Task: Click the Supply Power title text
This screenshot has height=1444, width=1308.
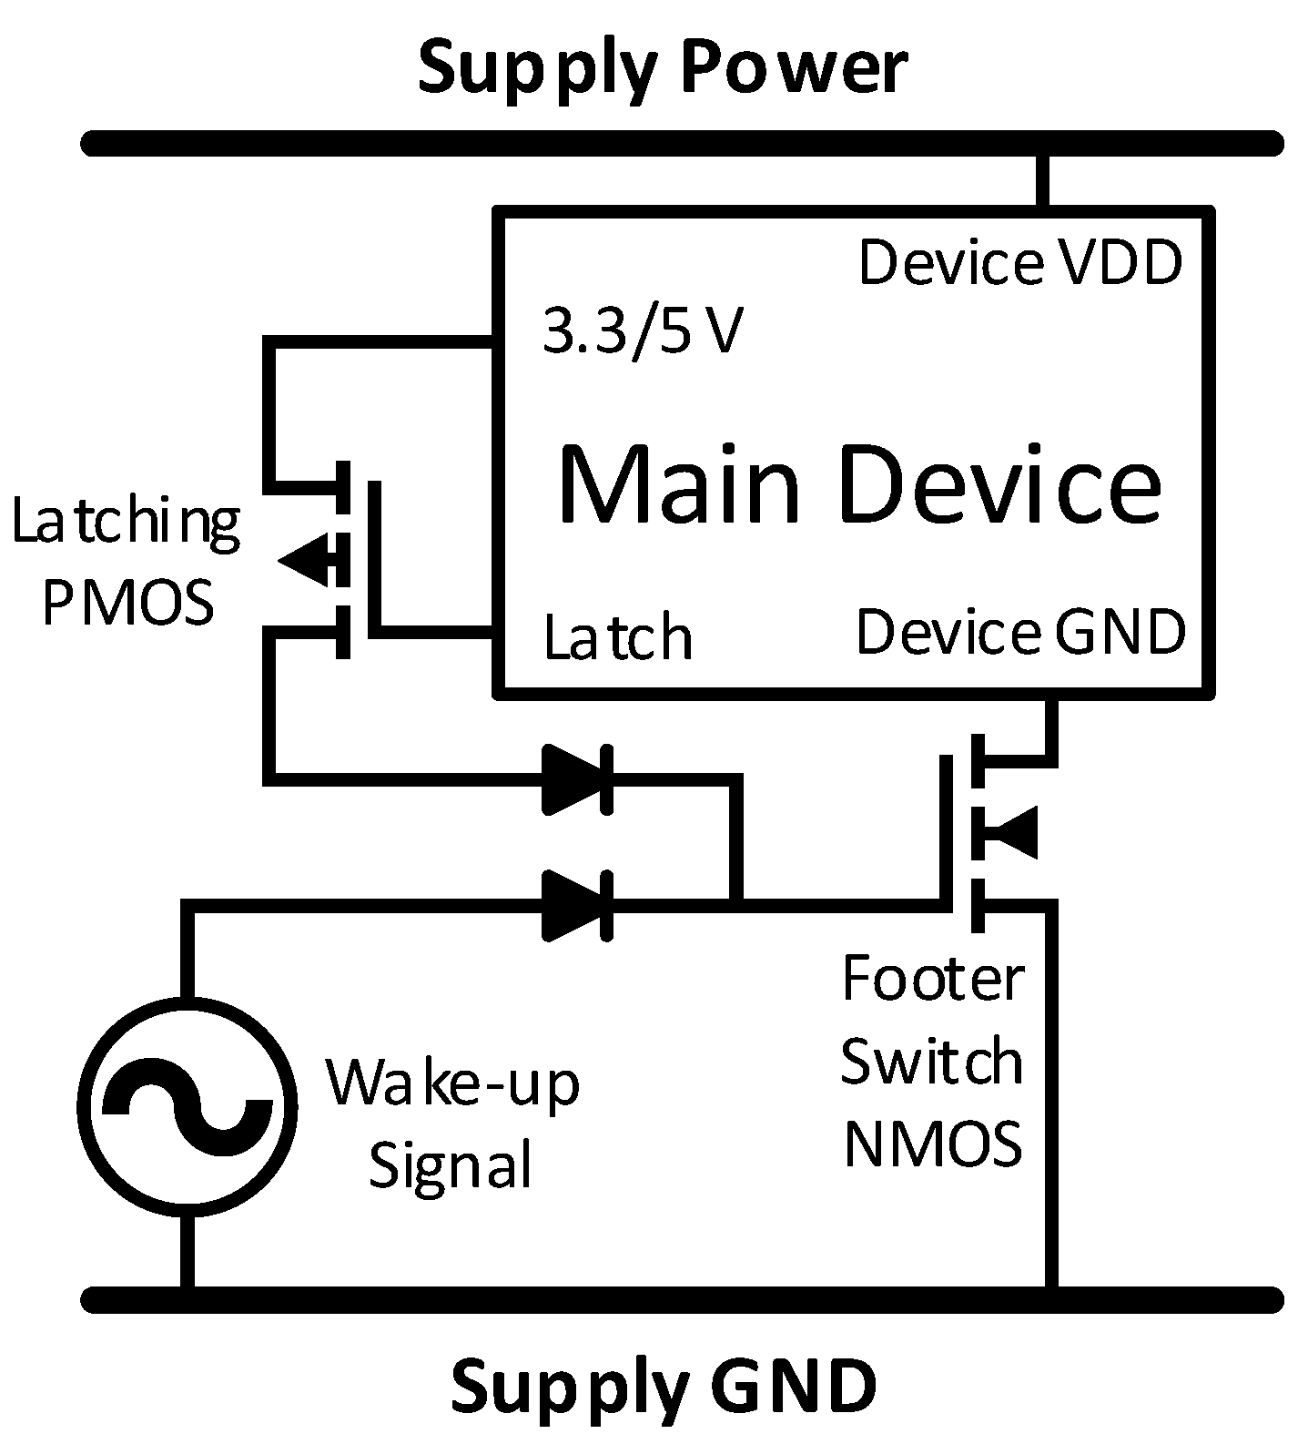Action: pos(662,68)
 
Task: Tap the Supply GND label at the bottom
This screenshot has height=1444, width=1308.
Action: pos(664,1384)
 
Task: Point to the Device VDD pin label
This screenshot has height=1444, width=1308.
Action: pos(1020,263)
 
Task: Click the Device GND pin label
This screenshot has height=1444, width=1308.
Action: pos(1020,632)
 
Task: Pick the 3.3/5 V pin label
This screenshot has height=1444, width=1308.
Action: pos(643,331)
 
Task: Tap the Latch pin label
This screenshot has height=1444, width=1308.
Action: pos(618,637)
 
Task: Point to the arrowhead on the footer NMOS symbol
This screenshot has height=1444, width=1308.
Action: pos(1013,832)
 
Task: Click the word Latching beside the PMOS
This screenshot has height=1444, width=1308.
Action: pos(126,524)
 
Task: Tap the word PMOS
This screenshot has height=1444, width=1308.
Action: pos(127,603)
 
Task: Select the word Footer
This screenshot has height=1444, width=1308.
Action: pos(933,979)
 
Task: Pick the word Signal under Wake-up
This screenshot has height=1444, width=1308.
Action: pos(450,1164)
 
